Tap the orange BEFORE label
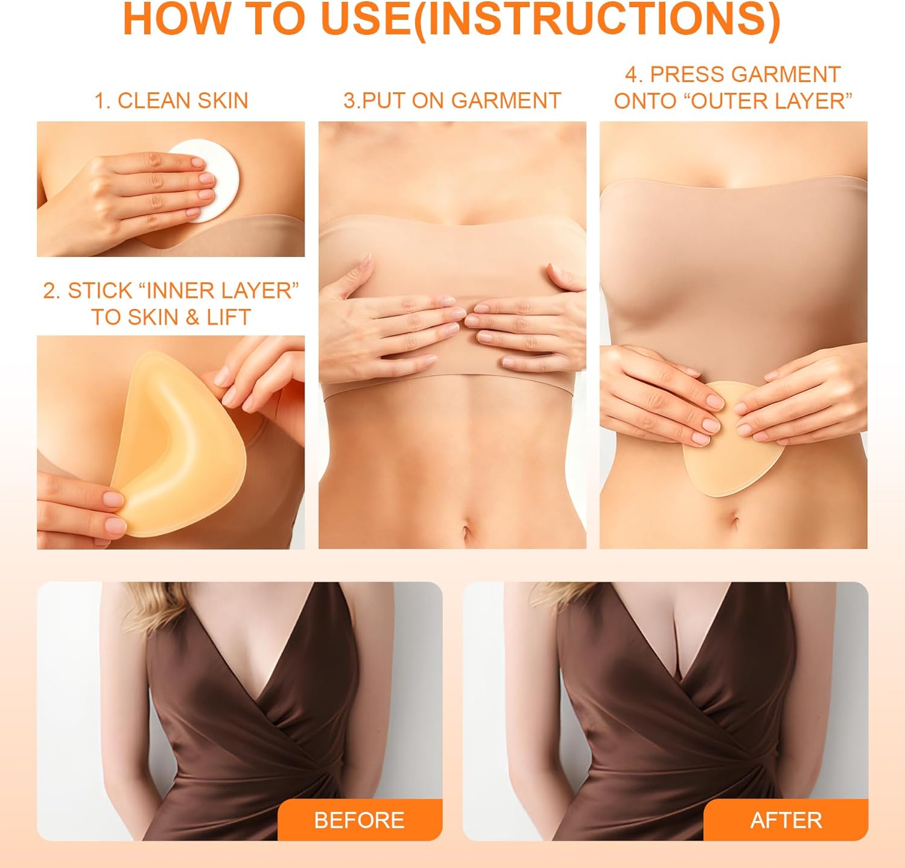(360, 820)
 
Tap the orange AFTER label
(786, 820)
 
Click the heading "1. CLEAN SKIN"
(171, 101)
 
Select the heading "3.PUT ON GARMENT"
(452, 101)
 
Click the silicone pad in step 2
(181, 446)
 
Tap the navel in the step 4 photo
(734, 519)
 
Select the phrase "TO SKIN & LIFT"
(171, 317)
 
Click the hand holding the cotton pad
(139, 193)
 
